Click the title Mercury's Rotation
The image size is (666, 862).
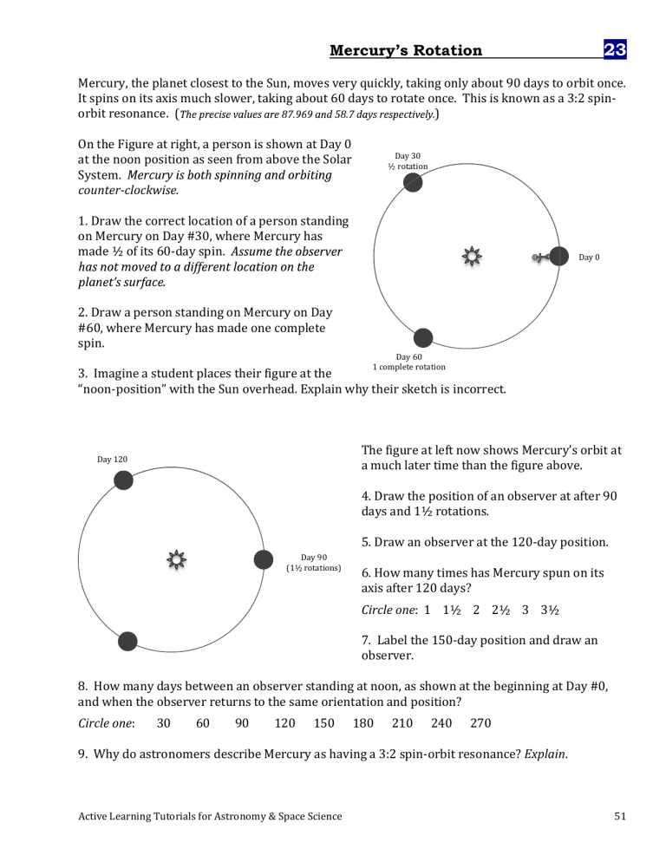pyautogui.click(x=406, y=50)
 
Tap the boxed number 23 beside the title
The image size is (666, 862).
pyautogui.click(x=615, y=50)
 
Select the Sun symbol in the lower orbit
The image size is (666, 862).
pyautogui.click(x=177, y=559)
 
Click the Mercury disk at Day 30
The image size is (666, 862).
pyautogui.click(x=414, y=182)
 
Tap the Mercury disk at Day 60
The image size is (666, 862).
pyautogui.click(x=422, y=338)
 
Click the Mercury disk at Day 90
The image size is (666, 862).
pyautogui.click(x=264, y=559)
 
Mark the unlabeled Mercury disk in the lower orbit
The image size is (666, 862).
pyautogui.click(x=127, y=641)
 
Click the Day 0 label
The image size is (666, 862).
pyautogui.click(x=589, y=258)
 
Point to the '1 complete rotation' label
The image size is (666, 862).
pyautogui.click(x=408, y=367)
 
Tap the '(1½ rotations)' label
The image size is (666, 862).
pyautogui.click(x=314, y=568)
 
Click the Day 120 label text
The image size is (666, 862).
pyautogui.click(x=110, y=459)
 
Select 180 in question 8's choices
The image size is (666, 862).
pyautogui.click(x=363, y=723)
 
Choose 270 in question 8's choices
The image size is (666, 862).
pyautogui.click(x=481, y=723)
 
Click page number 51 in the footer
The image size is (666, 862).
pyautogui.click(x=619, y=815)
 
